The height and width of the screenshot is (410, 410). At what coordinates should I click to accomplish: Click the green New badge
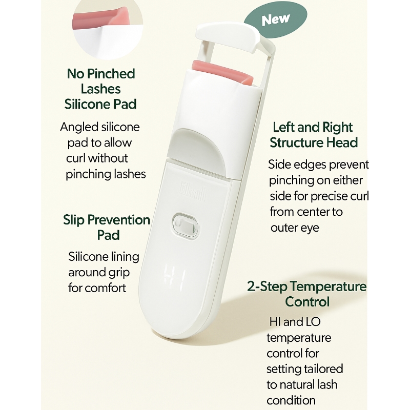(275, 19)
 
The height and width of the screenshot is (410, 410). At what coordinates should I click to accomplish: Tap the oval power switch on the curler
(185, 225)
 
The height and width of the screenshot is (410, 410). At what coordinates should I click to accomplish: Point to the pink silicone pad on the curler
(222, 72)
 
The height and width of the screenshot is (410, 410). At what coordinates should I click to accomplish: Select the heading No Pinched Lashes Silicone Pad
(100, 89)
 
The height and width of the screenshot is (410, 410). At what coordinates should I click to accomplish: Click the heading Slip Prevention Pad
(107, 227)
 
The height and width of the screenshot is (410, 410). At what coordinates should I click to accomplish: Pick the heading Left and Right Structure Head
(314, 135)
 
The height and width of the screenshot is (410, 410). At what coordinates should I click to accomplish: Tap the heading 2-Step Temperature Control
(306, 294)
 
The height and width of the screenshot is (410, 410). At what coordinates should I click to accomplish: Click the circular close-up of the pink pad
(108, 29)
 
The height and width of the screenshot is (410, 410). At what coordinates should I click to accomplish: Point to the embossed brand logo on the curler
(193, 191)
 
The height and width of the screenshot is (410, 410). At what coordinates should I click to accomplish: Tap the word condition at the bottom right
(291, 400)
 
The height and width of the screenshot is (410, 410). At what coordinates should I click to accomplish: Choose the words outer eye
(295, 228)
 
